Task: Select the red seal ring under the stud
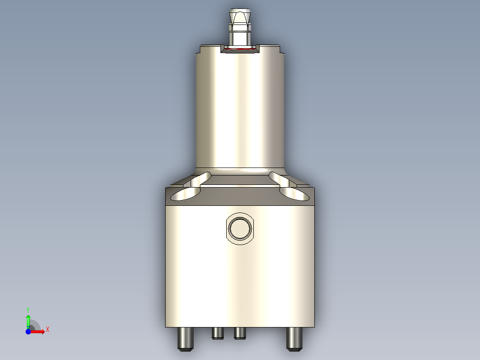240,50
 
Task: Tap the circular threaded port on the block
240,229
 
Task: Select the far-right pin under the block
294,338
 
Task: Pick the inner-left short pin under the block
218,333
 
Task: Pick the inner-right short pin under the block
240,333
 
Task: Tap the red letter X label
48,330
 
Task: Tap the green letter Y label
28,309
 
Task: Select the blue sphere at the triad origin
28,331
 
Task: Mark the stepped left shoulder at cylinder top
199,50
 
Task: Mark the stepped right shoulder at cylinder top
281,50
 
